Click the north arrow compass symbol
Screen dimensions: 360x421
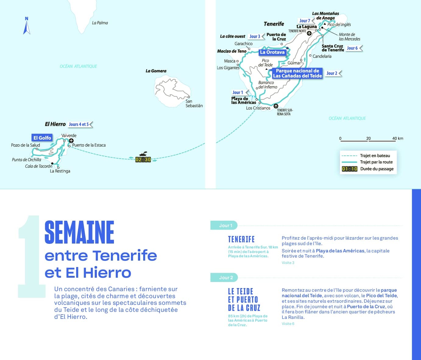[27, 27]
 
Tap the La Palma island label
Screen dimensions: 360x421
[100, 23]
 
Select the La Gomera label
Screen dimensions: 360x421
[156, 71]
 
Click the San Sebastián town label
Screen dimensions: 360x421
[194, 104]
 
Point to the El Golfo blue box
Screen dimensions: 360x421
[42, 138]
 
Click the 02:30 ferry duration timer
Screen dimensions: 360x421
[143, 159]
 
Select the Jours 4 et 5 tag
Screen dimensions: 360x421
[79, 124]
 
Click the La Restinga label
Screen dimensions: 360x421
[60, 171]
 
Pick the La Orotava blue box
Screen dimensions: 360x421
[272, 52]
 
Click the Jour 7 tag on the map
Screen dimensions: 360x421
[305, 21]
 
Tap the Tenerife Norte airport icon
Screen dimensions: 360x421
[309, 34]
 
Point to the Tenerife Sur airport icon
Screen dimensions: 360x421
[276, 106]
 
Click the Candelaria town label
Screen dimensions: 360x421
[322, 56]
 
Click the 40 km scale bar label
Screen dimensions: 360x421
[398, 138]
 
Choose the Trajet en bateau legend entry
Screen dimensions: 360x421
[375, 155]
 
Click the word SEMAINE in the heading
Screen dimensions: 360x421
[80, 232]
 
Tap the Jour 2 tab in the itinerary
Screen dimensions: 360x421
[226, 277]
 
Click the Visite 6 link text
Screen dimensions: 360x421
[288, 324]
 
